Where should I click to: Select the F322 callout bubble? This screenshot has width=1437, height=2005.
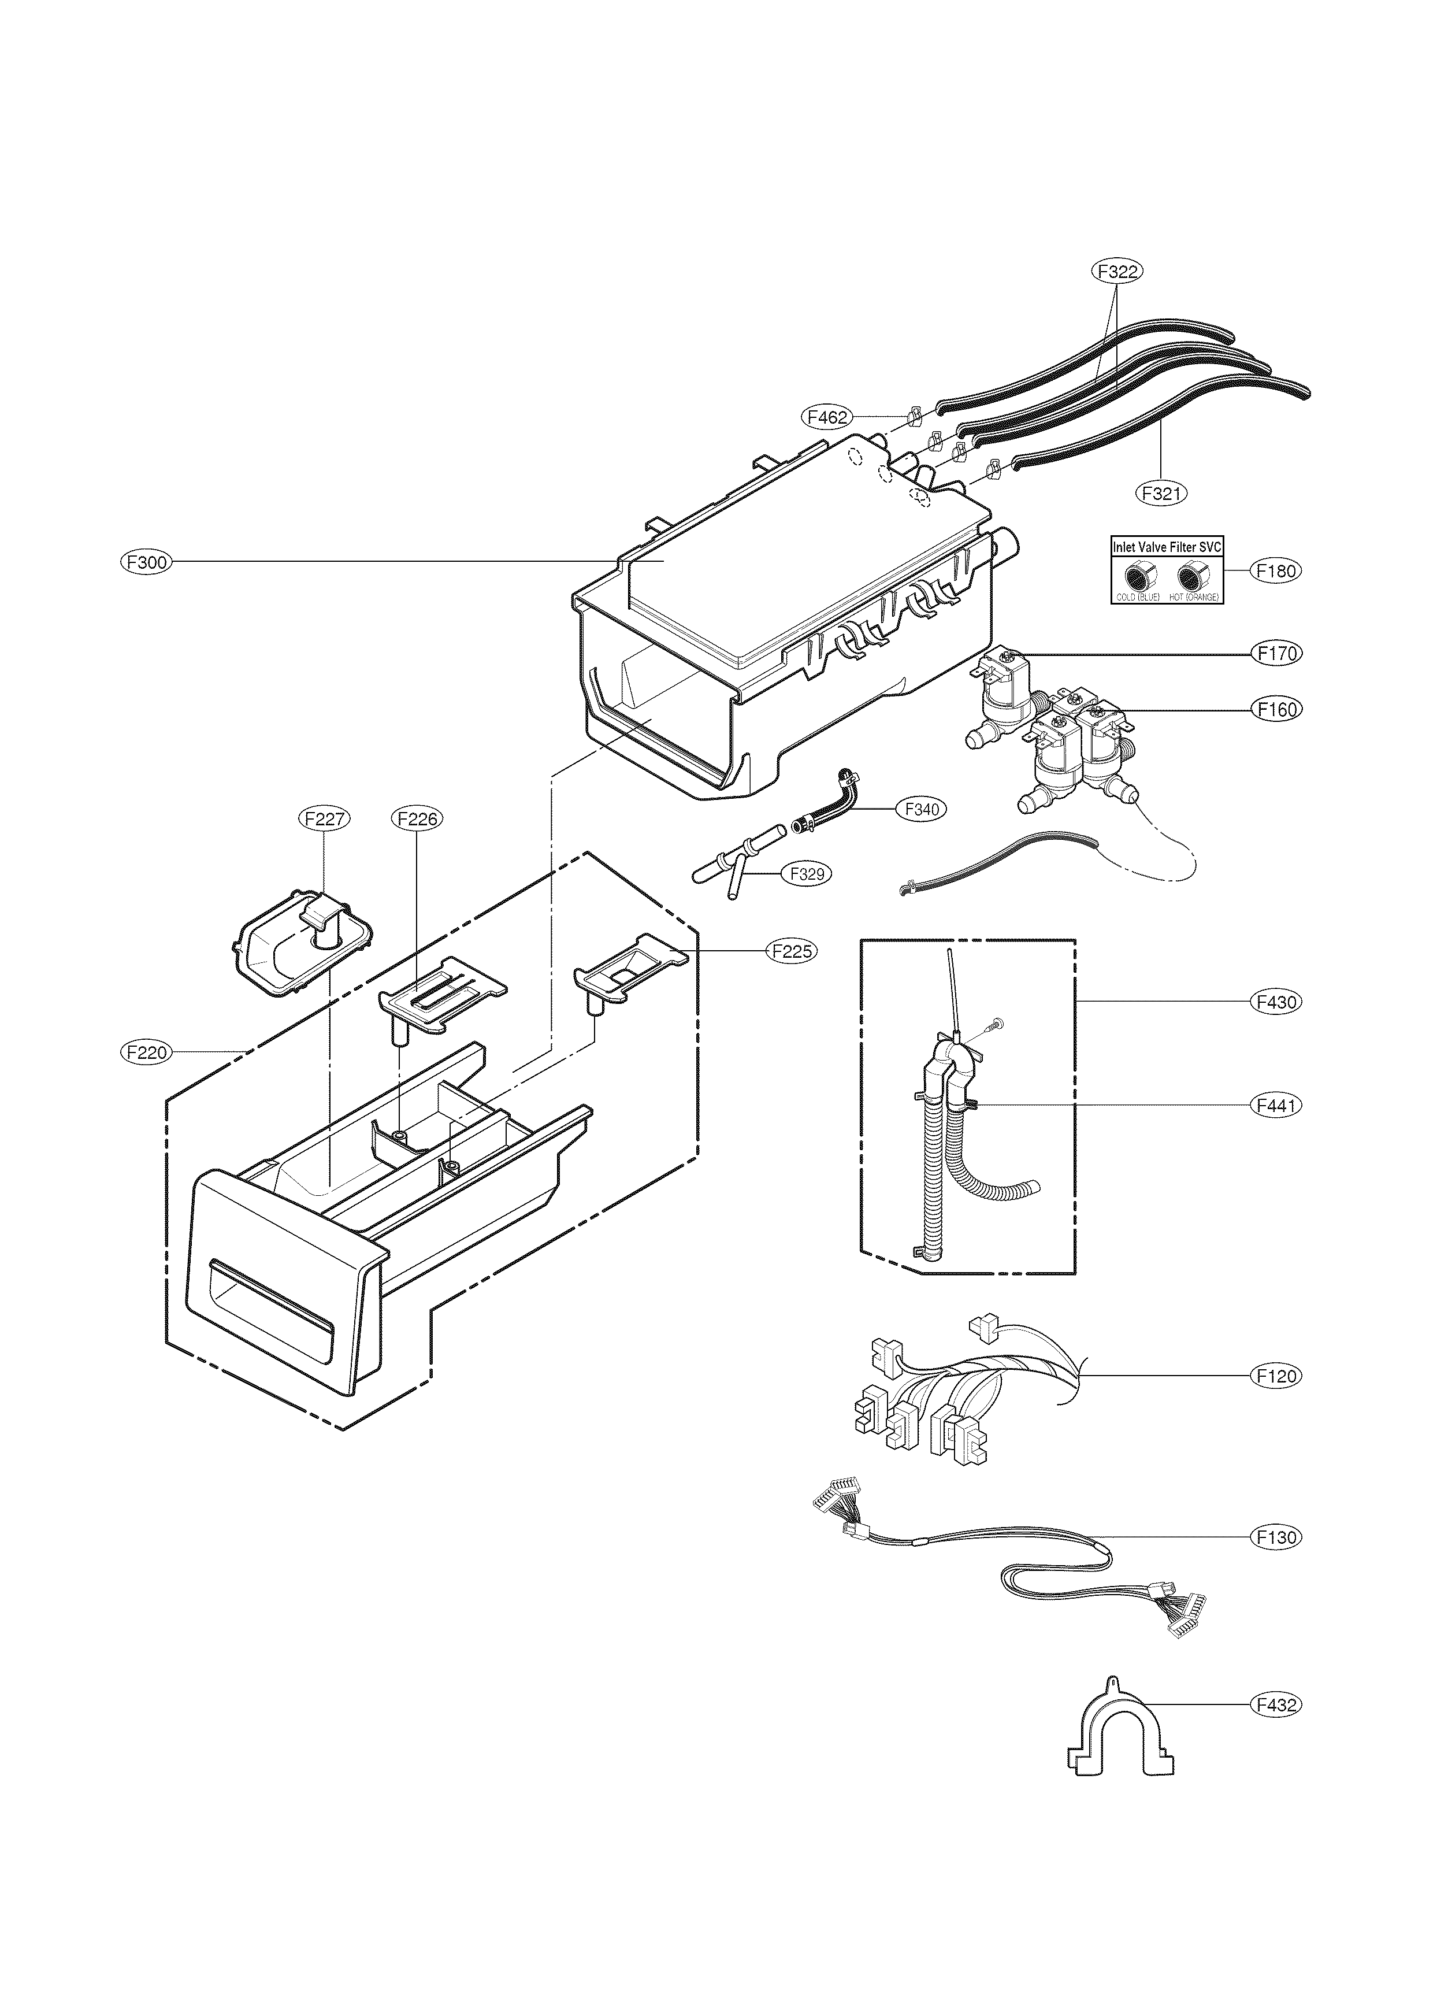[1116, 272]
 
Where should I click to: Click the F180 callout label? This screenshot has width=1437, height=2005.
[1276, 571]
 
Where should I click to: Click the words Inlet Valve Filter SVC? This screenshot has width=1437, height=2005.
[1165, 547]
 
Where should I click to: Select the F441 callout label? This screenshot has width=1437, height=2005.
[1276, 1105]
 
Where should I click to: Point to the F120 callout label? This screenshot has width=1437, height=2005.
[1276, 1376]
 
